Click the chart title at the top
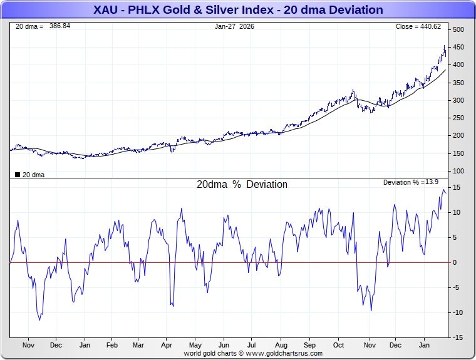(238, 10)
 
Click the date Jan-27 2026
(234, 26)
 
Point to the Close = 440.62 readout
(418, 26)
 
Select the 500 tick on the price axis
(458, 30)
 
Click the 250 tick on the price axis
(458, 118)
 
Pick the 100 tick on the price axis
(458, 171)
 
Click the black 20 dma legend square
(17, 175)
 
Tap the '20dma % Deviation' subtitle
(242, 185)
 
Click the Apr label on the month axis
(167, 345)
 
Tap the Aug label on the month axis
(281, 345)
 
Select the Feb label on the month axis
(112, 345)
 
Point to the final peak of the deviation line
(443, 190)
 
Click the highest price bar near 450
(444, 46)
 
